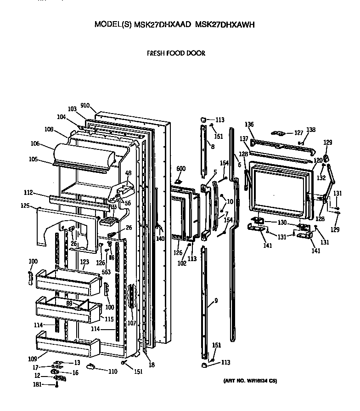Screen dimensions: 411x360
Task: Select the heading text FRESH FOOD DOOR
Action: (x=176, y=53)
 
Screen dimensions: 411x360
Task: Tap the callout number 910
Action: (x=85, y=106)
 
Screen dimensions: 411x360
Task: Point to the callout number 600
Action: (x=181, y=169)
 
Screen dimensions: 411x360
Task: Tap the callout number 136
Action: (x=249, y=125)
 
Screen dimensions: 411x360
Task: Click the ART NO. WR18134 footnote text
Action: (x=250, y=381)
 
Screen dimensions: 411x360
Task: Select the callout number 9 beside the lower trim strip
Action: (x=215, y=302)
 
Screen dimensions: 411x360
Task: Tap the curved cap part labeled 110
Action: (x=90, y=366)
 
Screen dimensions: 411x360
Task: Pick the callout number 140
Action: (x=160, y=239)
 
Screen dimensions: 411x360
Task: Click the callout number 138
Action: (x=311, y=130)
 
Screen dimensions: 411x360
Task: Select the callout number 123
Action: (x=84, y=262)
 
